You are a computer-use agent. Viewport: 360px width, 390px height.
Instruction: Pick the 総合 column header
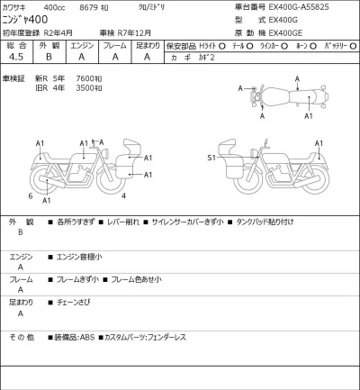click(x=16, y=44)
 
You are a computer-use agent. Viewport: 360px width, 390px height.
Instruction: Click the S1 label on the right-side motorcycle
click(x=211, y=158)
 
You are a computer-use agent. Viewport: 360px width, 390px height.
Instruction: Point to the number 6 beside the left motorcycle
click(x=30, y=195)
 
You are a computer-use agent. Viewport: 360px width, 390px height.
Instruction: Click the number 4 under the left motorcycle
click(x=122, y=195)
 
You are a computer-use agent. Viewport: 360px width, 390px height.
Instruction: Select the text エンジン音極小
click(x=78, y=257)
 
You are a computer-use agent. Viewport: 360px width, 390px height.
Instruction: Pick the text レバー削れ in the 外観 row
click(x=118, y=221)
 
